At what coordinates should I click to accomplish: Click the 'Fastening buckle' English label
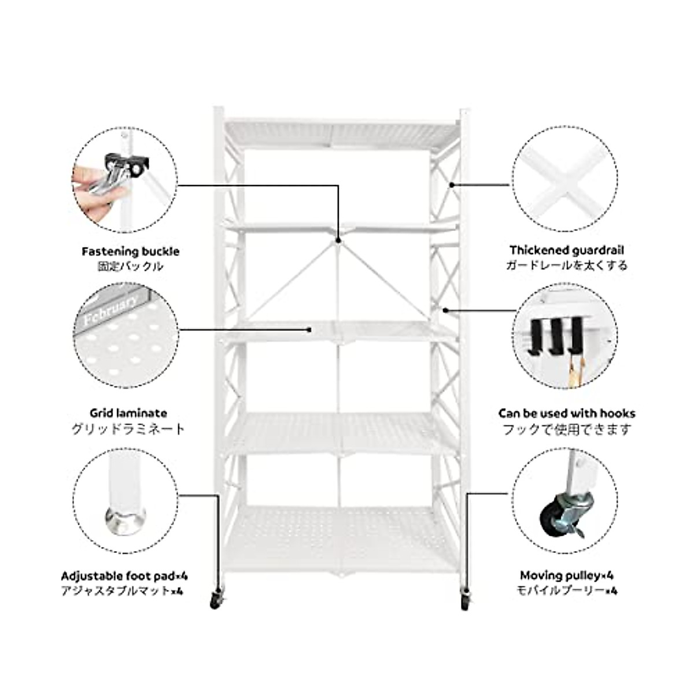pyautogui.click(x=130, y=252)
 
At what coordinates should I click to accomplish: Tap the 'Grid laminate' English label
pyautogui.click(x=128, y=413)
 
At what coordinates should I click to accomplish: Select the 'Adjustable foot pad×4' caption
pyautogui.click(x=124, y=576)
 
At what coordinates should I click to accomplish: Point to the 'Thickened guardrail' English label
pyautogui.click(x=567, y=250)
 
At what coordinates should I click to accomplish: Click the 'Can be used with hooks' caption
pyautogui.click(x=567, y=413)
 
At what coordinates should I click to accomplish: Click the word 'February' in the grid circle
pyautogui.click(x=110, y=311)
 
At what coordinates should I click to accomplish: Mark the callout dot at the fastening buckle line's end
pyautogui.click(x=338, y=240)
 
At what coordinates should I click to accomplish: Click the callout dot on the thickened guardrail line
pyautogui.click(x=451, y=184)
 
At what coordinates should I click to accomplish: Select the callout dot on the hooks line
pyautogui.click(x=445, y=310)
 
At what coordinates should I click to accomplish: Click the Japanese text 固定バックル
pyautogui.click(x=130, y=267)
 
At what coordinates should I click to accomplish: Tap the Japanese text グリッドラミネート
pyautogui.click(x=128, y=429)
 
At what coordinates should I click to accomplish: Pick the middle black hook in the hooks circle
pyautogui.click(x=556, y=335)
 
